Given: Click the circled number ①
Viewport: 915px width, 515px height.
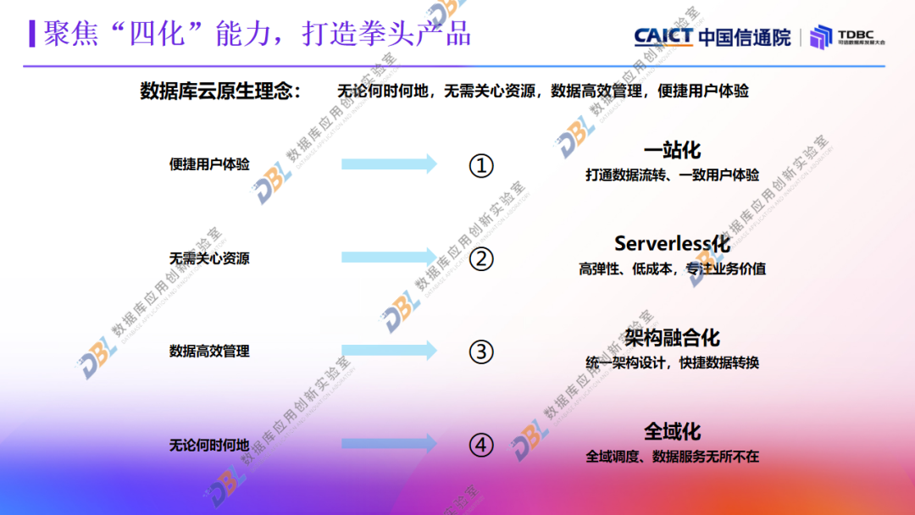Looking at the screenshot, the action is pyautogui.click(x=481, y=165).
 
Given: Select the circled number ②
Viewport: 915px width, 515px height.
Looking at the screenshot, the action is pyautogui.click(x=481, y=258).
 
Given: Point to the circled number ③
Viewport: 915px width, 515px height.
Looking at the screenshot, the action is pyautogui.click(x=481, y=351).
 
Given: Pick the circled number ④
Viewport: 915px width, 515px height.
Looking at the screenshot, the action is pyautogui.click(x=481, y=445).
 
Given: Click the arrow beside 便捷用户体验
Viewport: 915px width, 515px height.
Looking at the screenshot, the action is pyautogui.click(x=389, y=164).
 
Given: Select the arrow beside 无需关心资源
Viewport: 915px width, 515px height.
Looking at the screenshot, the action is pyautogui.click(x=389, y=257).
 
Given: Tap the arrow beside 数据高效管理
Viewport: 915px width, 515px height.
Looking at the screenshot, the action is pyautogui.click(x=389, y=350).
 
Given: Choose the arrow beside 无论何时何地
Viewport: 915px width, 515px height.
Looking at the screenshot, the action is pyautogui.click(x=389, y=443).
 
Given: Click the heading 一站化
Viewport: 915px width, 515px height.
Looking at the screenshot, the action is pyautogui.click(x=672, y=151).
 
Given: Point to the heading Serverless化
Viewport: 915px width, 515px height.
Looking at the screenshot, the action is pyautogui.click(x=672, y=244).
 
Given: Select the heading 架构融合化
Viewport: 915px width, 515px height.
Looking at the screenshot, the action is pyautogui.click(x=672, y=338).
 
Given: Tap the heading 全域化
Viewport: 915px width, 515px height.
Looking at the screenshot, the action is pyautogui.click(x=672, y=431).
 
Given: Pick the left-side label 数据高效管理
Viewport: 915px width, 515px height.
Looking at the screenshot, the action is pyautogui.click(x=209, y=351).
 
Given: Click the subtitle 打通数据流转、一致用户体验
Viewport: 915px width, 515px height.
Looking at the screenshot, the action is pyautogui.click(x=672, y=175).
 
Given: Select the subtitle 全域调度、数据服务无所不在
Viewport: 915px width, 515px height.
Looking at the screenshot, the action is pyautogui.click(x=672, y=457).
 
